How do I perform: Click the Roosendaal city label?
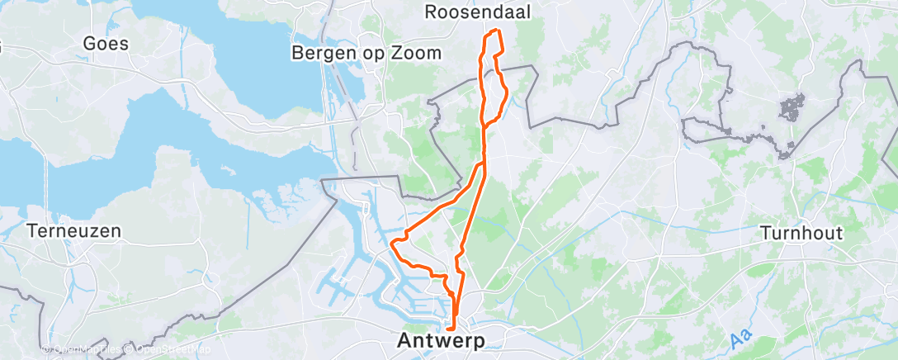click(477, 12)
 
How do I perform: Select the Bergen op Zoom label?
click(366, 53)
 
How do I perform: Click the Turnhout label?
click(801, 233)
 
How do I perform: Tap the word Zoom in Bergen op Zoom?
click(419, 53)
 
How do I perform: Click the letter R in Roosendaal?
click(431, 12)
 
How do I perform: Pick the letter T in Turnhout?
click(765, 233)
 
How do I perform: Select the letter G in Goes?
click(89, 44)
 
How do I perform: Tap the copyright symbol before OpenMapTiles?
click(45, 348)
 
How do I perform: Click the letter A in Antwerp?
click(405, 339)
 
